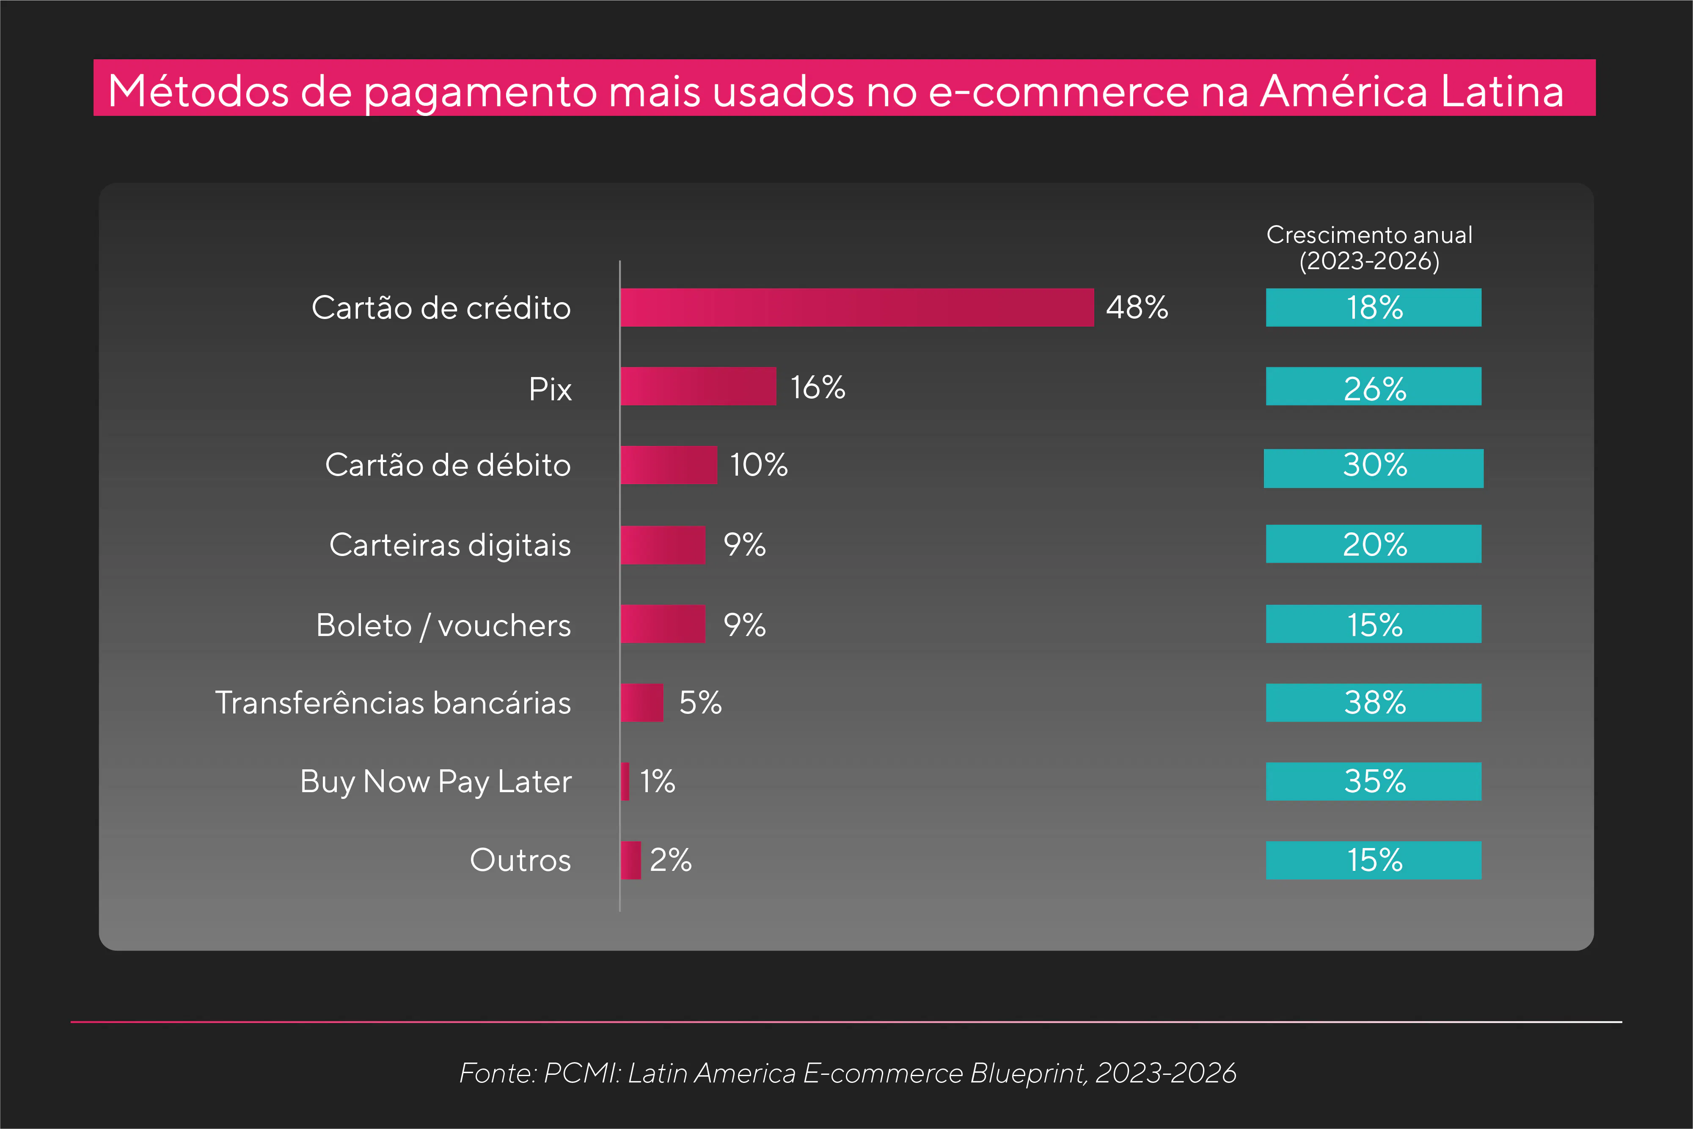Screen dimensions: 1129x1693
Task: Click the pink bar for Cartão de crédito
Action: tap(856, 308)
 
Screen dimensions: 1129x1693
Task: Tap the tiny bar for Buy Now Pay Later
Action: tap(625, 781)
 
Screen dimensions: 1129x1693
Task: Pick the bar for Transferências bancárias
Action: tap(641, 702)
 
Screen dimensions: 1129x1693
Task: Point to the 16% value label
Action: tap(818, 387)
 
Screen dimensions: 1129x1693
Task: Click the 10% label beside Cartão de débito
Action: tap(759, 465)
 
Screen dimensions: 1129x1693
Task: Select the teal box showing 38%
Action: tap(1374, 702)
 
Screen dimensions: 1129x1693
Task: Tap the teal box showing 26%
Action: tap(1374, 387)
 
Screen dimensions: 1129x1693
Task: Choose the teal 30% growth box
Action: tap(1374, 468)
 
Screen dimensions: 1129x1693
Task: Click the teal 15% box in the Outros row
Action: tap(1374, 860)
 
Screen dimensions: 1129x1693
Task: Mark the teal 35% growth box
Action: tap(1374, 781)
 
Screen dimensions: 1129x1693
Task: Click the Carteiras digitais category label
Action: tap(450, 545)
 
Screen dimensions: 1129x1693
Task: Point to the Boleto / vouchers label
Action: tap(443, 625)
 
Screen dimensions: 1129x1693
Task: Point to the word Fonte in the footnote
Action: tap(497, 1073)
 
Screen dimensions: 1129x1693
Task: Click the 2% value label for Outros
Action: tap(670, 860)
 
